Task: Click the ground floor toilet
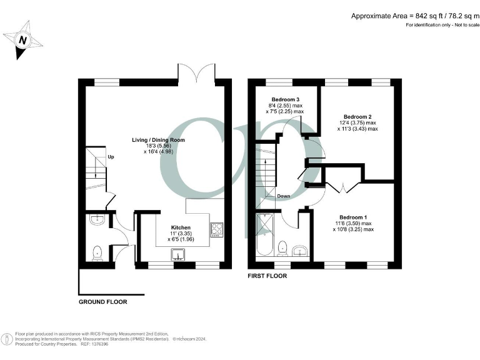pos(97,254)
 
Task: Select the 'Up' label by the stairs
pos(111,157)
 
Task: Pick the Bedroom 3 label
pos(285,100)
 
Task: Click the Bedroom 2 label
pos(357,117)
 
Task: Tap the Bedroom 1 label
pos(352,217)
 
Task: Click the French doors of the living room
pos(197,72)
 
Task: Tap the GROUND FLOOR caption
pos(102,302)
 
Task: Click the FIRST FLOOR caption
pos(267,276)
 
